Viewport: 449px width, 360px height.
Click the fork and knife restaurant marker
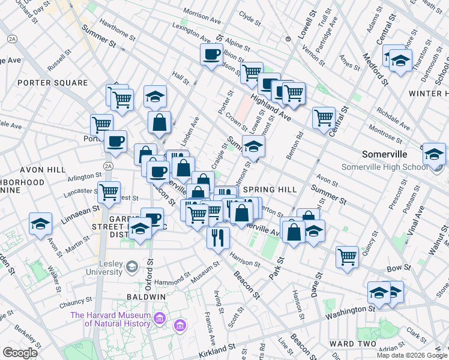tap(218, 237)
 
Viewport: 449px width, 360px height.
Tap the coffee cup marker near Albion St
tap(211, 55)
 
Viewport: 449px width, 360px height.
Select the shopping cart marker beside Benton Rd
tap(324, 118)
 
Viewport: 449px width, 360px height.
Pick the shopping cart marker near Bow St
tap(347, 257)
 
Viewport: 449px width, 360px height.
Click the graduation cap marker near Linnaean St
tap(40, 225)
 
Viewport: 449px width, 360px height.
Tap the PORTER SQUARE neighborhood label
tap(44, 82)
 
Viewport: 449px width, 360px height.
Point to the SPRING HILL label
tap(270, 190)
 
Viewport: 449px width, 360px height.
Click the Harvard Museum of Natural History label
tap(110, 319)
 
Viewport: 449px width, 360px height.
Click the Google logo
tap(20, 352)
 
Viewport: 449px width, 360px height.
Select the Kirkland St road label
tap(216, 348)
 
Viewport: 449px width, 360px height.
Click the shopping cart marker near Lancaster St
tap(109, 192)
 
